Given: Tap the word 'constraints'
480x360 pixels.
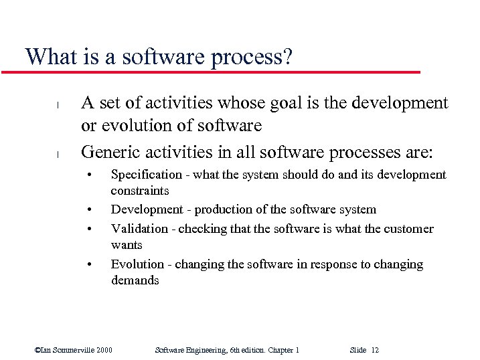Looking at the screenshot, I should tap(140, 191).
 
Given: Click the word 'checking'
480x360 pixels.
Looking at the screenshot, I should tap(205, 229).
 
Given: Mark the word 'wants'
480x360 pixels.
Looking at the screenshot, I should tap(127, 245).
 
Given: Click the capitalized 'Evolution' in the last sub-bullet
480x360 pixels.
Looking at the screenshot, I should tap(137, 264).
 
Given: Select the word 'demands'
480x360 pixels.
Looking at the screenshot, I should tap(135, 280).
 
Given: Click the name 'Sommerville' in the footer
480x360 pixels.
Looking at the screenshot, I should tap(72, 350).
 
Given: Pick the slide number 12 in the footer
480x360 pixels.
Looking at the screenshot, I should tap(374, 350).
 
